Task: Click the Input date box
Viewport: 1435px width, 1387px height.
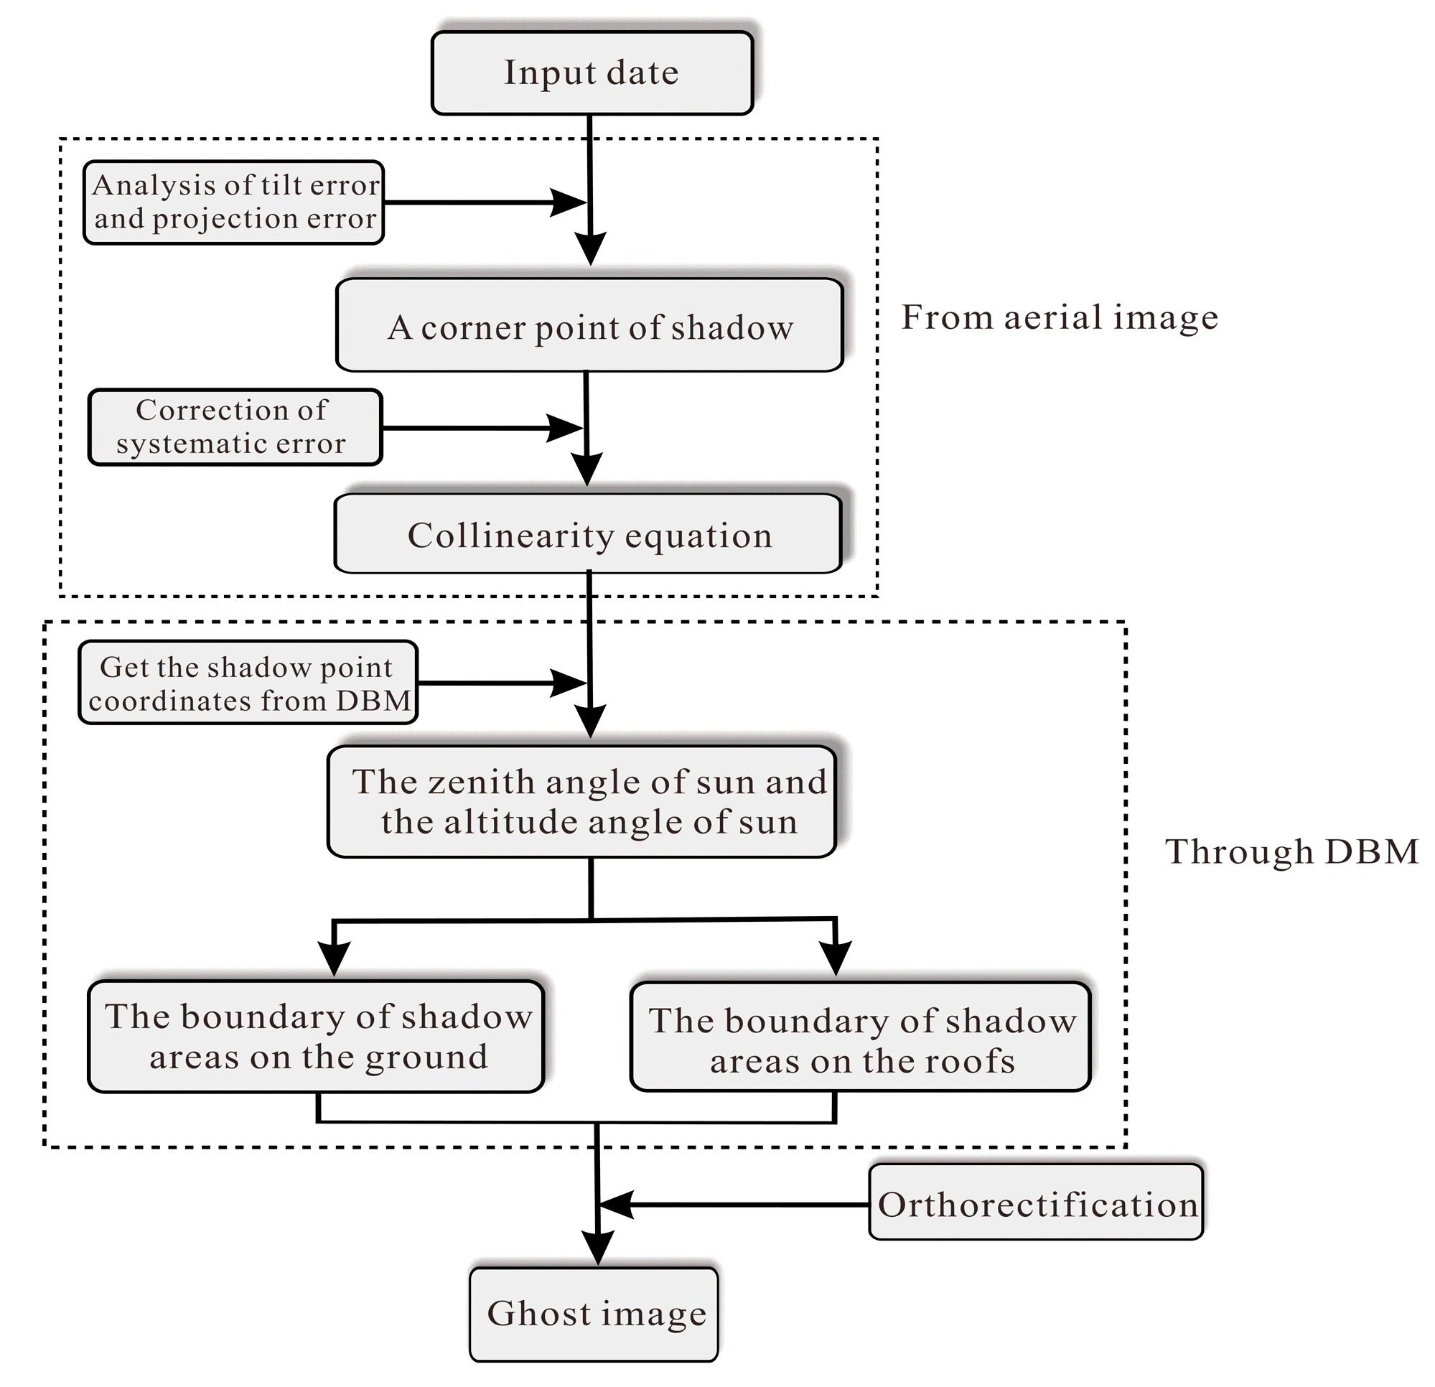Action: point(592,73)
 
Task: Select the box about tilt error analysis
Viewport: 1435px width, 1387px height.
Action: point(234,202)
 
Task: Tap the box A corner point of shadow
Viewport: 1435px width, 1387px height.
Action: point(589,325)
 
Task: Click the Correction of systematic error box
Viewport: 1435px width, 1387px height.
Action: point(235,427)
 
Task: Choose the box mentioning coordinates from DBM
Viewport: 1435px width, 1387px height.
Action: point(248,683)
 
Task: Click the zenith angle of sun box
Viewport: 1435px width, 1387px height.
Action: point(582,801)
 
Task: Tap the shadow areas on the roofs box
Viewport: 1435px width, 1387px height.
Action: point(861,1037)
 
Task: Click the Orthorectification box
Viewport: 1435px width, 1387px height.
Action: point(1035,1205)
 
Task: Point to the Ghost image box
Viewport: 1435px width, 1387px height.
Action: point(594,1314)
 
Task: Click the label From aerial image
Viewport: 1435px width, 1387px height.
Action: point(1060,318)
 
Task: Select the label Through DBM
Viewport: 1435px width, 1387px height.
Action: point(1291,851)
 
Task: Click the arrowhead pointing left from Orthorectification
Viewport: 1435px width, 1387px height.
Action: point(615,1205)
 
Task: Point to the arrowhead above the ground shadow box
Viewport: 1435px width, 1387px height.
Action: point(334,957)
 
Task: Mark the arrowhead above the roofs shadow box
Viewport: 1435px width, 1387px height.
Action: point(836,957)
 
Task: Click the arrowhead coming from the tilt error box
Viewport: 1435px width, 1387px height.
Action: point(568,202)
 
